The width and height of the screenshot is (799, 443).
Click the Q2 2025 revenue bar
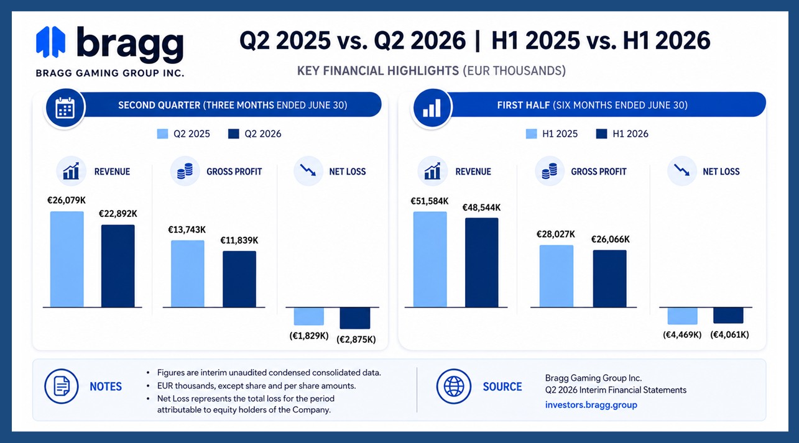67,259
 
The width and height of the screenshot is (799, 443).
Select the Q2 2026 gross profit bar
239,279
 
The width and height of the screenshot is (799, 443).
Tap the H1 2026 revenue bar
481,262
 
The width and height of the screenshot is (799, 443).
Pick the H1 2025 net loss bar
682,316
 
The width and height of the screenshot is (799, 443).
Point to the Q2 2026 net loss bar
355,318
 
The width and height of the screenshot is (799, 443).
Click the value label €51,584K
430,201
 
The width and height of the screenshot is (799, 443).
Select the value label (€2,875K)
356,339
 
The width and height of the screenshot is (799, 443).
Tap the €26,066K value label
611,239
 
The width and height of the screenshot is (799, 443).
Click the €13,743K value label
187,230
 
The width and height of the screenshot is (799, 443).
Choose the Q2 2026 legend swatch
234,134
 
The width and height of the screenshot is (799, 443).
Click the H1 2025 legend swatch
531,134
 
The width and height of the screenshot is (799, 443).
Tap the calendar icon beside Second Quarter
65,108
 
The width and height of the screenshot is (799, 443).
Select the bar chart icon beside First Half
432,108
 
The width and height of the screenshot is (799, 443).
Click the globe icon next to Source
454,386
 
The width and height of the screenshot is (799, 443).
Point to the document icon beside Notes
62,386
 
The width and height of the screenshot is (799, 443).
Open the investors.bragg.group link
591,405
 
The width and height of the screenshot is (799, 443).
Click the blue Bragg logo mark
50,42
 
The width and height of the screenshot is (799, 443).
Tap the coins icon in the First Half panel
549,171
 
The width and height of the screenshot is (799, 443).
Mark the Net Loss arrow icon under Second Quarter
308,170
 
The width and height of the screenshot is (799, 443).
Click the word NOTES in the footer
106,386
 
